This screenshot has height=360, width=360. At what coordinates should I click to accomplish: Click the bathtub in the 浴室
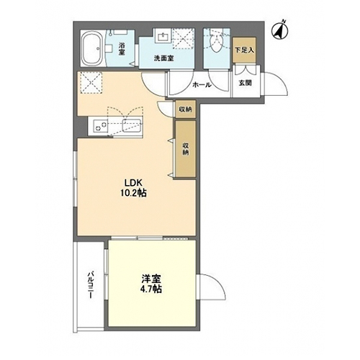92,48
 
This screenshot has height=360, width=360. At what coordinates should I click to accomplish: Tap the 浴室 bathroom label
122,49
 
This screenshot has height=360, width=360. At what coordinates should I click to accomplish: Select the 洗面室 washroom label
164,58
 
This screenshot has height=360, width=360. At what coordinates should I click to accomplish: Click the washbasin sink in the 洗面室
164,37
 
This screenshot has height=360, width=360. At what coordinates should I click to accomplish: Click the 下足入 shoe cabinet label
244,50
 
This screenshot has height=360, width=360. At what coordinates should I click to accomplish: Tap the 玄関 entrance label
245,84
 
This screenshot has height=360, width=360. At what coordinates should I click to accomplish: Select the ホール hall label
202,84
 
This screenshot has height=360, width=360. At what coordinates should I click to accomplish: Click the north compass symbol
279,30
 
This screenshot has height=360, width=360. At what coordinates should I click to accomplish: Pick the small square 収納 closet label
185,109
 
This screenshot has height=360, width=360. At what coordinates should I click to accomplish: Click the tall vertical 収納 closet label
185,149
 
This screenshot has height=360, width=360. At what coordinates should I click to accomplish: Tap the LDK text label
133,183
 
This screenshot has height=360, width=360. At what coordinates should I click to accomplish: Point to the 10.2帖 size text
133,193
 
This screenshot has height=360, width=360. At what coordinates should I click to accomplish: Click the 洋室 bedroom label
151,279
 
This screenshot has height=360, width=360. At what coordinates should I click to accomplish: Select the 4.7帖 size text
151,289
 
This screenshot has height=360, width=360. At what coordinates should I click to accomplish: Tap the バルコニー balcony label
91,285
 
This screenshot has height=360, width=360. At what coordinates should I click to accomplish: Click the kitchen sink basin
132,125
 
